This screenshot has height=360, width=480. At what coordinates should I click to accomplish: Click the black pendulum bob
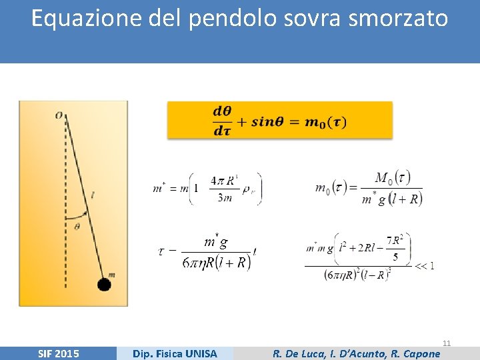tap(103, 285)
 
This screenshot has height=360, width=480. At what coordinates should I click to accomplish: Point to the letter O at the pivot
tap(59, 115)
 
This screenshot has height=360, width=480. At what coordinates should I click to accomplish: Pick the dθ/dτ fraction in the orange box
tap(222, 121)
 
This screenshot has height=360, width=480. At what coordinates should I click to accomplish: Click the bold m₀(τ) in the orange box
tap(325, 121)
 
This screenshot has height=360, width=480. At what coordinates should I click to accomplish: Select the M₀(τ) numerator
tap(393, 178)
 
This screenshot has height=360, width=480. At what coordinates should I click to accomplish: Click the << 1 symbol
tap(424, 266)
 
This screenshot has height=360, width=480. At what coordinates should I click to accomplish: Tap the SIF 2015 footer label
tap(57, 353)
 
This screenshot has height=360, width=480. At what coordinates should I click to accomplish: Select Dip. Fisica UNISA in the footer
tap(175, 353)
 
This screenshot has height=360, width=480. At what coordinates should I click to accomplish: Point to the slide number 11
tap(447, 343)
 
